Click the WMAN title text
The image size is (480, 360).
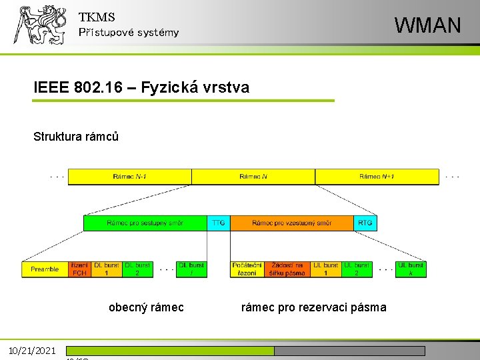(427, 25)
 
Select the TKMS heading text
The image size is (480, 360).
(97, 17)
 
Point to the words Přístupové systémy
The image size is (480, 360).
(129, 33)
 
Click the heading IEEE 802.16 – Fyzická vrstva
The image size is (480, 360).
(141, 87)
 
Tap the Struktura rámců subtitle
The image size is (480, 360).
(76, 137)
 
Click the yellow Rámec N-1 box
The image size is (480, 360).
(130, 177)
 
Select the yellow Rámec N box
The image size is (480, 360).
(253, 177)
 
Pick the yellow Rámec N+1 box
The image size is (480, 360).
(377, 177)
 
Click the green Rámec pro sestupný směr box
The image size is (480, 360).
(145, 223)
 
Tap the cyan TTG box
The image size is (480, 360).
(218, 223)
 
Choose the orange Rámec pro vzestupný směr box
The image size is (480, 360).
(291, 223)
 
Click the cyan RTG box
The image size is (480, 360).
(365, 223)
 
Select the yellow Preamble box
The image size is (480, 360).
(45, 269)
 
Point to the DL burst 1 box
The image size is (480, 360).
(107, 269)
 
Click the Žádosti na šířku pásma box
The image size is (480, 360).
(287, 269)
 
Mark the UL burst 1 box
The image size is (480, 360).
(326, 269)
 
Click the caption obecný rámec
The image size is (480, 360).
(146, 307)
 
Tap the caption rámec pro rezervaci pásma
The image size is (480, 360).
(313, 307)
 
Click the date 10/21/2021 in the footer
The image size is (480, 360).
(33, 351)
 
